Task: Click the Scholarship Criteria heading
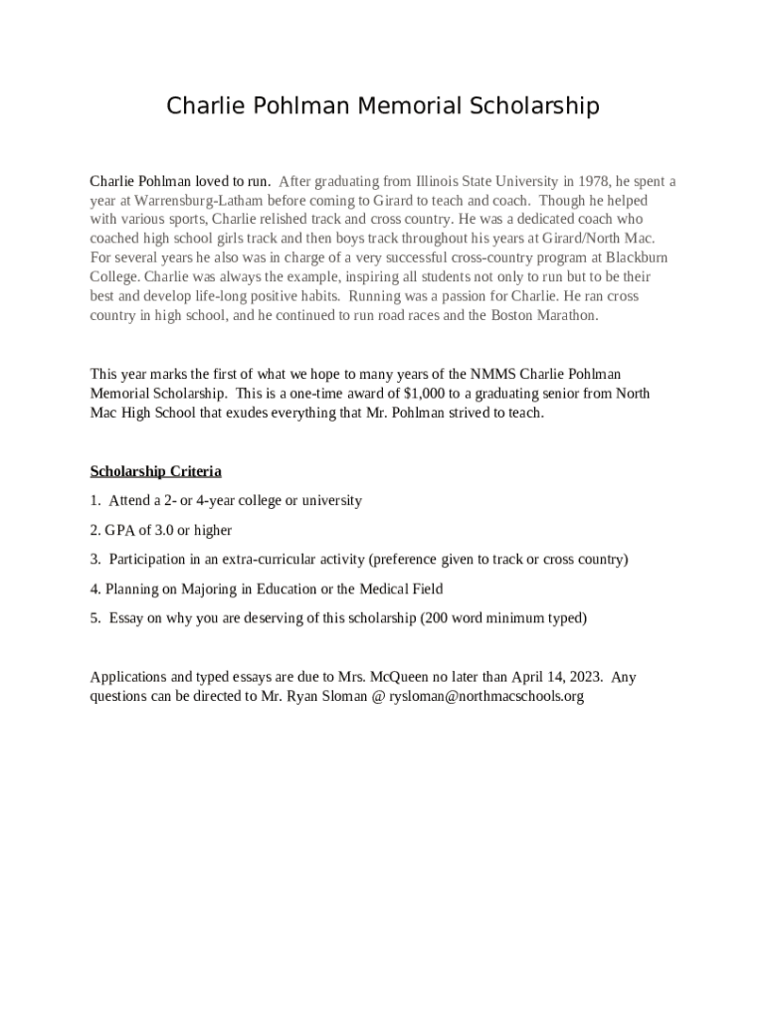pos(155,471)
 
